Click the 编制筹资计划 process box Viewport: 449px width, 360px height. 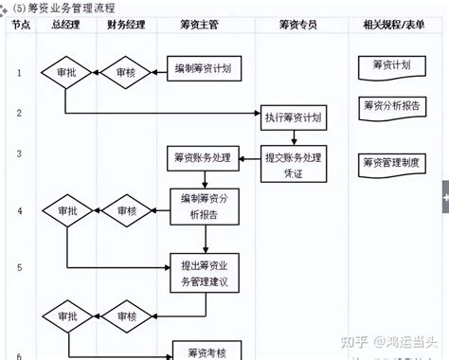(206, 69)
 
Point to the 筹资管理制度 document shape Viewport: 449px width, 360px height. (390, 164)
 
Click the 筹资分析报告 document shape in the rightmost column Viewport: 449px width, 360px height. (390, 106)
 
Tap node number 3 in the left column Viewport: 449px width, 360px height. (19, 153)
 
